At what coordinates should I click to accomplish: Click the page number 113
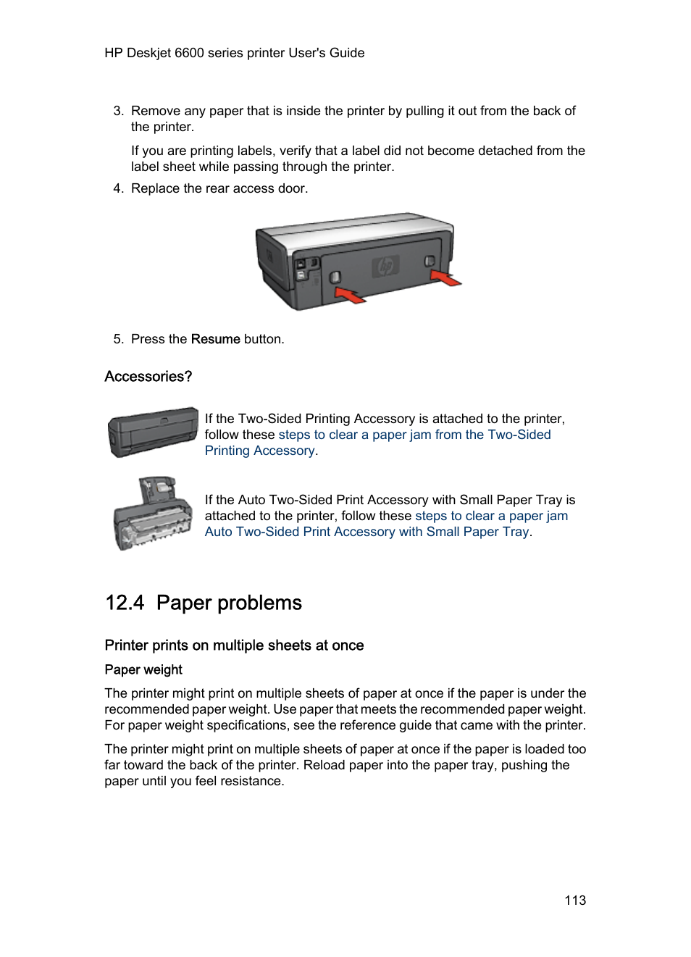pyautogui.click(x=575, y=900)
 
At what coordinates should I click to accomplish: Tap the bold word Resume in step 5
pyautogui.click(x=215, y=339)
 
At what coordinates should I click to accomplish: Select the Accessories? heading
pyautogui.click(x=148, y=377)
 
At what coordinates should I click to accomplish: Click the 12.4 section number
pyautogui.click(x=125, y=603)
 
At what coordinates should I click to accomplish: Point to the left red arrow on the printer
pyautogui.click(x=349, y=294)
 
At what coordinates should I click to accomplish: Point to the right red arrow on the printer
pyautogui.click(x=445, y=277)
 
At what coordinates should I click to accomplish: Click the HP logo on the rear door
pyautogui.click(x=385, y=267)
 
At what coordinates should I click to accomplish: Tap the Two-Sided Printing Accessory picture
pyautogui.click(x=153, y=432)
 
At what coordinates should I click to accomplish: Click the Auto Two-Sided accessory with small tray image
pyautogui.click(x=153, y=514)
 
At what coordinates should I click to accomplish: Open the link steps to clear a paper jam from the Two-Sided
pyautogui.click(x=414, y=435)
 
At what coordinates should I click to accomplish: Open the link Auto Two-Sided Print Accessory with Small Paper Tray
pyautogui.click(x=367, y=532)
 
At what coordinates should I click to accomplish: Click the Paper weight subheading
pyautogui.click(x=143, y=669)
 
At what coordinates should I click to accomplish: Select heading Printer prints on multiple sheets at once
pyautogui.click(x=234, y=645)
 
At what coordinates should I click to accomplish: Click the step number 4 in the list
pyautogui.click(x=118, y=188)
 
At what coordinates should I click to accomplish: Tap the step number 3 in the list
pyautogui.click(x=118, y=111)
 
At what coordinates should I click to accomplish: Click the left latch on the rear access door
pyautogui.click(x=335, y=277)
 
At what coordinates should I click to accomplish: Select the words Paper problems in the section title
pyautogui.click(x=229, y=603)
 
